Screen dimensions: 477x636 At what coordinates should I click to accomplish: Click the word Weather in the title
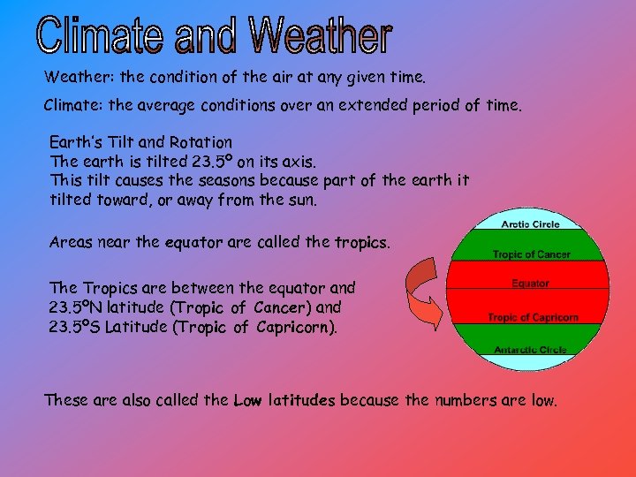(x=321, y=36)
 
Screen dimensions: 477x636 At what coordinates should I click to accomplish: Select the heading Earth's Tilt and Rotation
(x=141, y=142)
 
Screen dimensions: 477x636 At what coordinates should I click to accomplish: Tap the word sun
(x=299, y=200)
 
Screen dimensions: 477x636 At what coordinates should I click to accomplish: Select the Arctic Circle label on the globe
(x=530, y=224)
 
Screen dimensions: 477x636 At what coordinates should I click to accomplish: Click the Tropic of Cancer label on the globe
(x=531, y=254)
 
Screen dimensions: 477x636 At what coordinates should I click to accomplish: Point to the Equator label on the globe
(x=530, y=284)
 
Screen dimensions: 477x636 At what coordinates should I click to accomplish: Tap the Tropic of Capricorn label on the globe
(x=533, y=317)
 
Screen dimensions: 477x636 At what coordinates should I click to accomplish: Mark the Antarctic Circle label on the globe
(x=530, y=350)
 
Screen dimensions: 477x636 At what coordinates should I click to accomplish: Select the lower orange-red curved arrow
(x=425, y=313)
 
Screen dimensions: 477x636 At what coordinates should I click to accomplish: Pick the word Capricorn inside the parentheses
(x=294, y=328)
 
